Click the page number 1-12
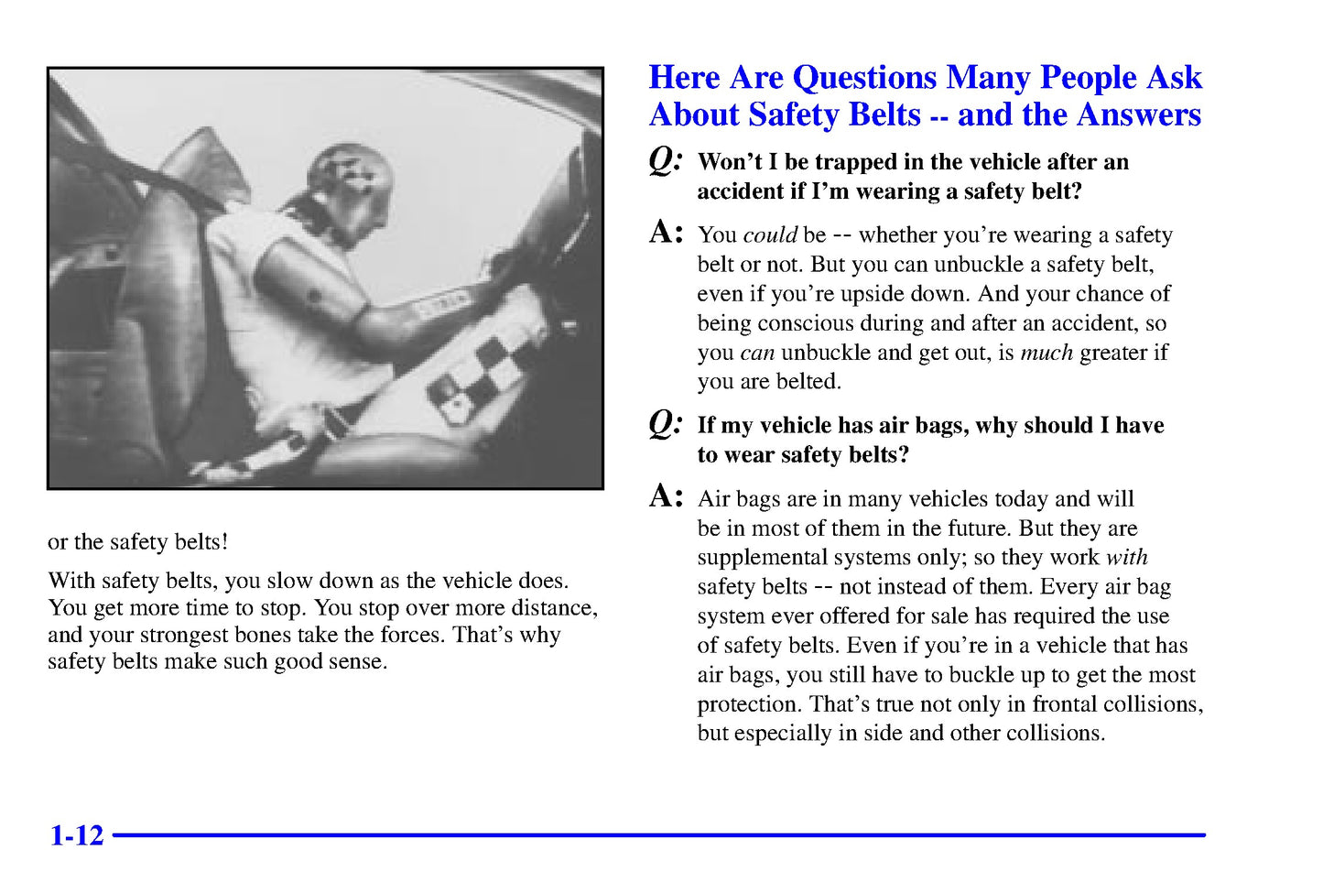coord(77,835)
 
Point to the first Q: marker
coord(666,160)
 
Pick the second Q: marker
coord(666,423)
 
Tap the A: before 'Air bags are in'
coord(666,496)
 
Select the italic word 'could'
coord(770,235)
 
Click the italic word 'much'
coord(1046,353)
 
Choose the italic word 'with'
coord(1126,558)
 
